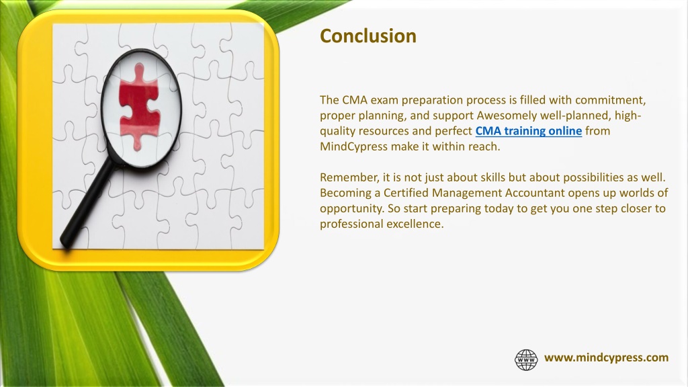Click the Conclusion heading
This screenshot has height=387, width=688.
368,36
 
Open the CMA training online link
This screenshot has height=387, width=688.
529,131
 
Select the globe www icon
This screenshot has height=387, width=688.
526,360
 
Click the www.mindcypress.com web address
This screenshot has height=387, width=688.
607,358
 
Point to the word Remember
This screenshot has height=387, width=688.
349,177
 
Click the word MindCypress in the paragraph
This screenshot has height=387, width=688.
353,146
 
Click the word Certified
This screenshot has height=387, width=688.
406,193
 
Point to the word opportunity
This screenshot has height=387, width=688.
352,209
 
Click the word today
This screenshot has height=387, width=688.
499,209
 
